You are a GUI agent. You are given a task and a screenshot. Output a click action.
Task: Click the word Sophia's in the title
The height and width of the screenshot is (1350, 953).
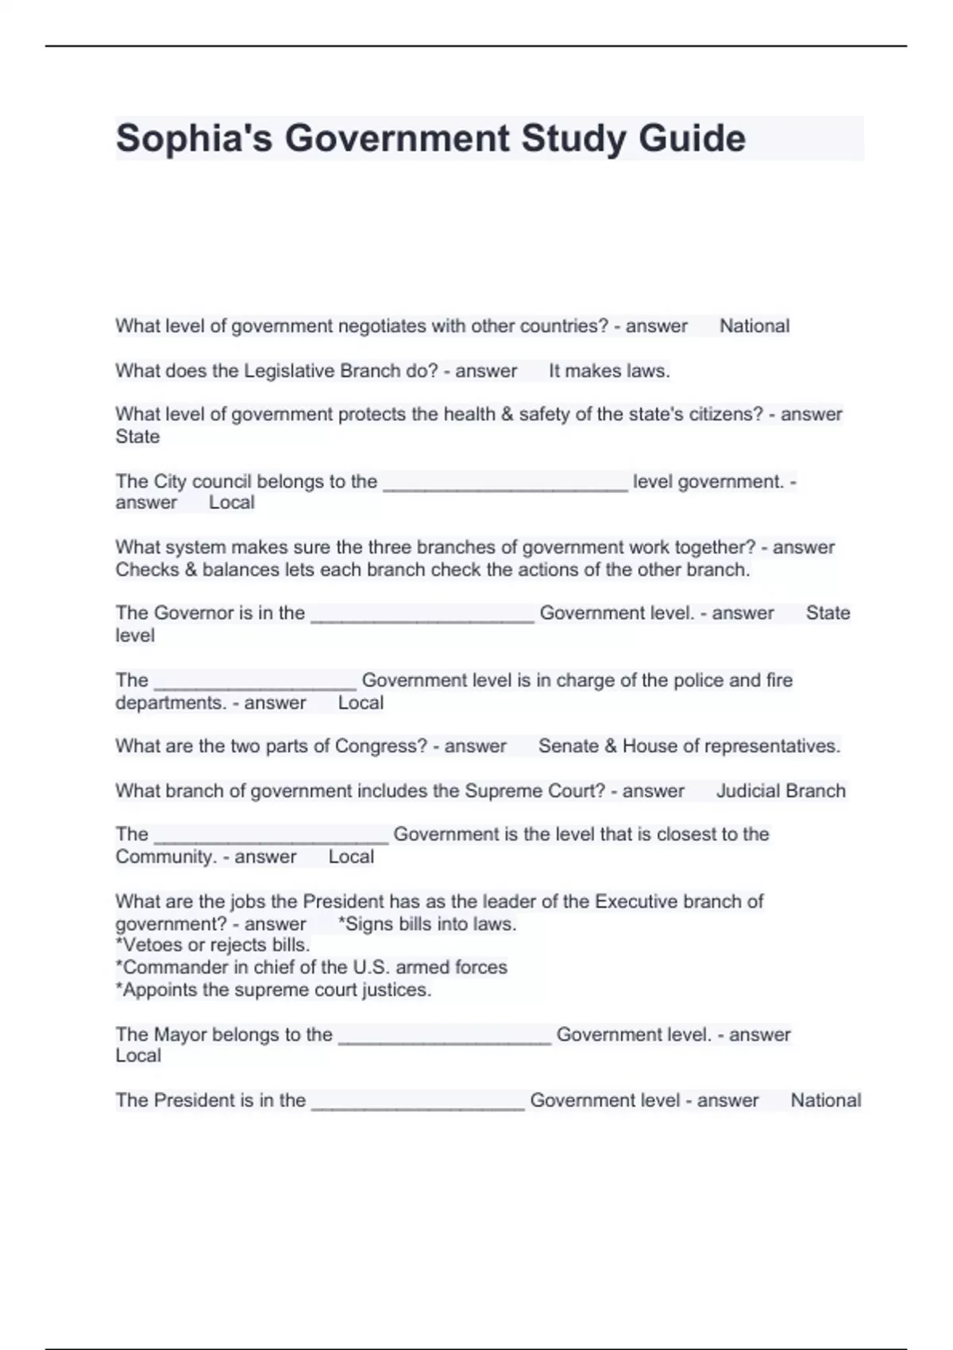coord(195,138)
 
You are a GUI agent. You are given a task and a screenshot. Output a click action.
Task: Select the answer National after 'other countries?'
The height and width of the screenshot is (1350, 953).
coord(754,326)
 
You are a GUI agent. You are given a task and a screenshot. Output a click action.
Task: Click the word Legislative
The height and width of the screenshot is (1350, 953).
coord(289,371)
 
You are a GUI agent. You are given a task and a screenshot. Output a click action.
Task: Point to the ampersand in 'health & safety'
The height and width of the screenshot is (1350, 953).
coord(507,415)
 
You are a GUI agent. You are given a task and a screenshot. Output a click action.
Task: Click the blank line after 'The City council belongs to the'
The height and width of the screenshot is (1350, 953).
coord(505,484)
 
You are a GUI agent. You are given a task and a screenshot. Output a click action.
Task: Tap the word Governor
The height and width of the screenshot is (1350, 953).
coord(191,613)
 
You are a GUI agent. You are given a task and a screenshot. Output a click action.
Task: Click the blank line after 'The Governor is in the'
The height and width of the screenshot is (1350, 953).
coord(422,616)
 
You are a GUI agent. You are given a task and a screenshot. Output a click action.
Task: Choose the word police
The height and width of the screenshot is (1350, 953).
coord(682,681)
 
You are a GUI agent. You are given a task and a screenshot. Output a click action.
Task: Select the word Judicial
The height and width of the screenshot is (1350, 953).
coord(748,791)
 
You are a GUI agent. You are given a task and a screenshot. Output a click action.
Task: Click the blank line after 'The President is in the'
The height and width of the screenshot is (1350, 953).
coord(418,1104)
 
